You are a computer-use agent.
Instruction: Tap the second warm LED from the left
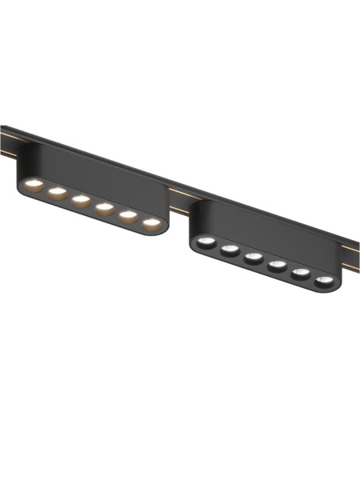coord(56,193)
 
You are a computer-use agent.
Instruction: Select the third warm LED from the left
coord(80,200)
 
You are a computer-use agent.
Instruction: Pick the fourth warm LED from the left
coord(104,208)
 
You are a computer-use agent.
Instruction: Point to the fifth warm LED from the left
coord(127,215)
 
